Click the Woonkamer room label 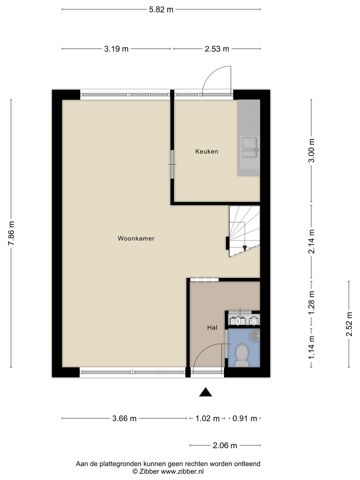[136, 238]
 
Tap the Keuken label [207, 151]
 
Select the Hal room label [212, 327]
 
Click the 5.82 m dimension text [161, 10]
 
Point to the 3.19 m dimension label [116, 49]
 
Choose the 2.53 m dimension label [217, 49]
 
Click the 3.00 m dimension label [311, 150]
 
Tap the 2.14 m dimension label [311, 241]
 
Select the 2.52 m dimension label [349, 324]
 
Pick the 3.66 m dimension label [124, 419]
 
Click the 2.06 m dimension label [225, 445]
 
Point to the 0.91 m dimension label [245, 419]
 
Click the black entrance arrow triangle [205, 392]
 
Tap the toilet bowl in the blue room [242, 356]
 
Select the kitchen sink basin [250, 147]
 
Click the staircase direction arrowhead [245, 248]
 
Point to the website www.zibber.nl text [182, 471]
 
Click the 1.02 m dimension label [207, 419]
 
